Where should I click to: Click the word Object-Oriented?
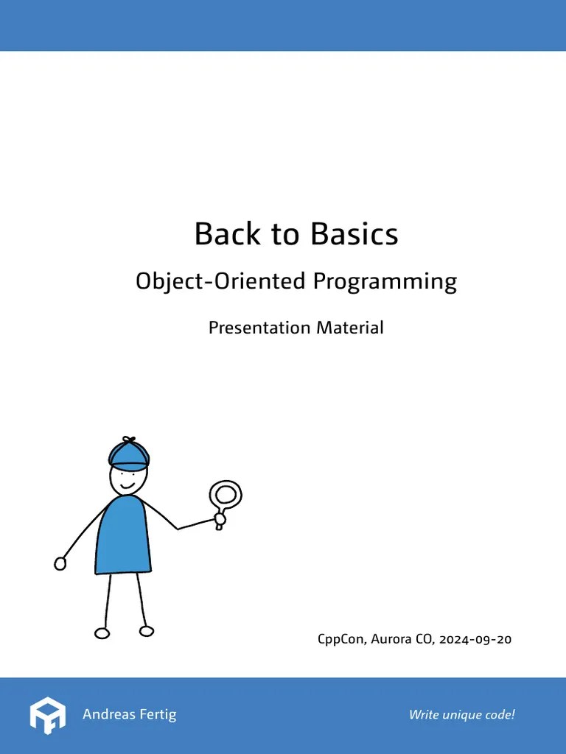click(x=220, y=281)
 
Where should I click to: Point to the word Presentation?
click(x=259, y=328)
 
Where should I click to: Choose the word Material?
click(x=350, y=328)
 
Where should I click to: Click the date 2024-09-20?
click(x=475, y=639)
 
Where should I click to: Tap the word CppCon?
click(x=340, y=639)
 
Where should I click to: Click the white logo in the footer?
click(x=48, y=714)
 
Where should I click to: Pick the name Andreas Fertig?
click(x=129, y=714)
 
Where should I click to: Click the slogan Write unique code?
click(x=461, y=714)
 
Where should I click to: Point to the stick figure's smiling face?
click(x=127, y=481)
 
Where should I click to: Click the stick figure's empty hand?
click(x=60, y=563)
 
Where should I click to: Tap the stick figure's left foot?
click(x=102, y=633)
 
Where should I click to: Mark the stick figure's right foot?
click(x=147, y=631)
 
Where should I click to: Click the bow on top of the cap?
click(x=128, y=440)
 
